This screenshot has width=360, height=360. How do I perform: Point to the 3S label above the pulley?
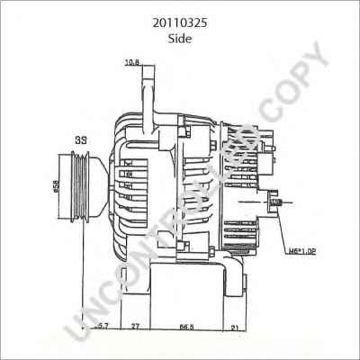coord(80,141)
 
